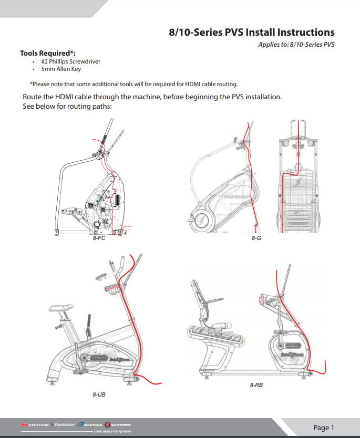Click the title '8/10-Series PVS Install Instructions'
(251, 32)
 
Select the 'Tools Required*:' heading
(48, 53)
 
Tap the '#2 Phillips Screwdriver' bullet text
(70, 61)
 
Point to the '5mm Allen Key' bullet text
(61, 69)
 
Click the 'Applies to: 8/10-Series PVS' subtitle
(296, 44)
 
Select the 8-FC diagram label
(99, 238)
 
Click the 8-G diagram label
(256, 238)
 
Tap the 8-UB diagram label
(99, 393)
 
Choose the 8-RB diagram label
(256, 385)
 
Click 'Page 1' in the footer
(324, 427)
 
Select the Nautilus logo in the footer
(90, 424)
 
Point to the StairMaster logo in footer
(63, 424)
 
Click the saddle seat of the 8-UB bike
(59, 308)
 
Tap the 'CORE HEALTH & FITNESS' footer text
(112, 431)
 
